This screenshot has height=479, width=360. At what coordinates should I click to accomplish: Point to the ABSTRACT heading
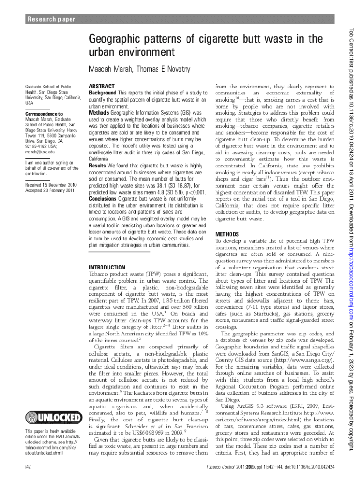[x=101, y=87]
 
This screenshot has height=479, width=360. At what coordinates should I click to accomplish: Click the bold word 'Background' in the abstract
[x=103, y=93]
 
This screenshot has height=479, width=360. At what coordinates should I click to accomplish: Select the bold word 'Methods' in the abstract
[x=99, y=113]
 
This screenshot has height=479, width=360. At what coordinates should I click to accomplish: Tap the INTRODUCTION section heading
[x=107, y=267]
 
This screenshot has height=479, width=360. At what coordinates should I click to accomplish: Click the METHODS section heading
[x=227, y=234]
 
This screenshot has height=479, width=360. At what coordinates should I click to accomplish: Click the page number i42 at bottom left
[x=29, y=468]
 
